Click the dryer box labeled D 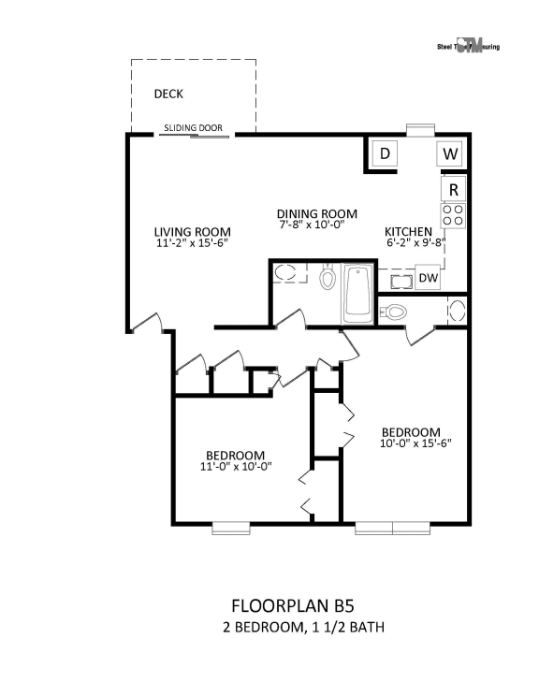384,153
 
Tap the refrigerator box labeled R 453,189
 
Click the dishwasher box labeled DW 428,278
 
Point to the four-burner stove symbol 453,216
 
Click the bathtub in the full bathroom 358,294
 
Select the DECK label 168,94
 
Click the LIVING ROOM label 192,232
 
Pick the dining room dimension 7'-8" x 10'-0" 312,225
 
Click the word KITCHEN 409,232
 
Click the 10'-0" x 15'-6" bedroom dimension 410,443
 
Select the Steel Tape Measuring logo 468,47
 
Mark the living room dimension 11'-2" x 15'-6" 192,243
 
